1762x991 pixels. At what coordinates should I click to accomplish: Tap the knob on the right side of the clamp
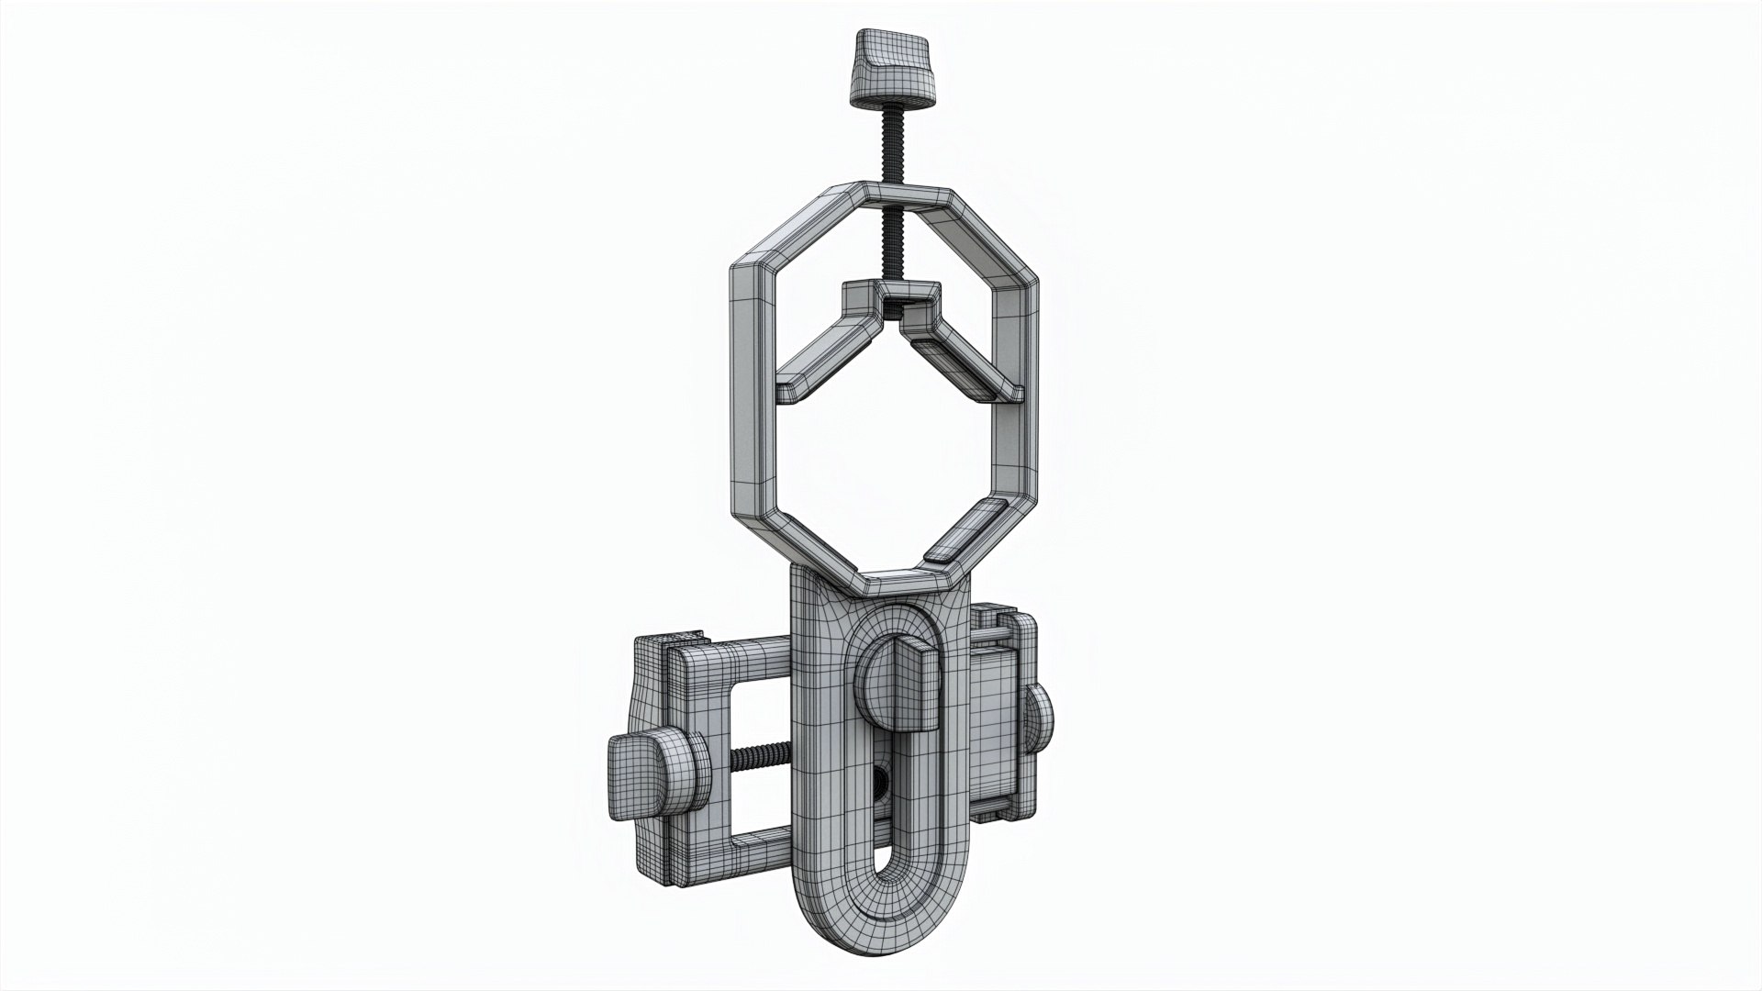click(1041, 716)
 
